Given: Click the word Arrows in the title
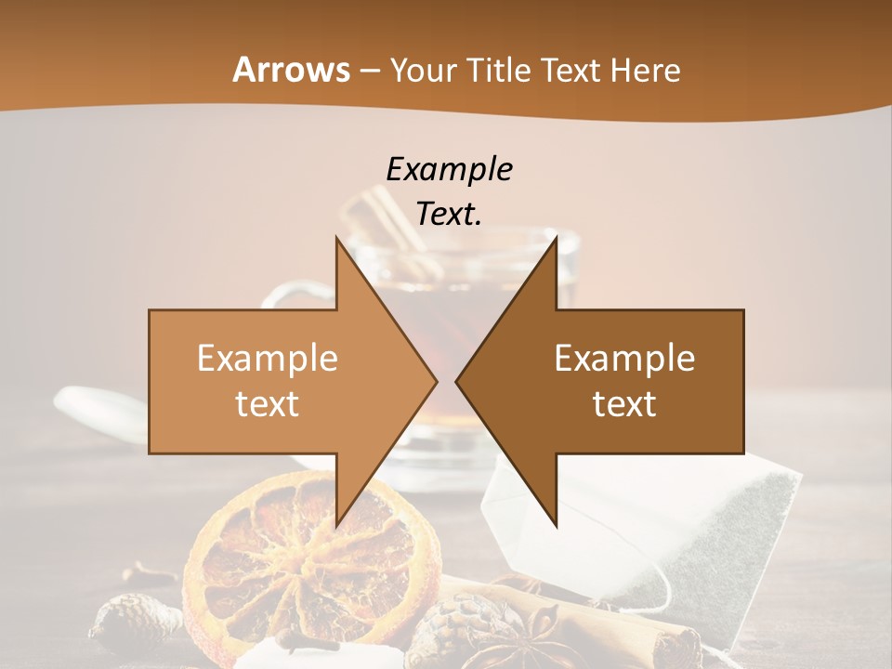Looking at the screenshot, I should (x=291, y=70).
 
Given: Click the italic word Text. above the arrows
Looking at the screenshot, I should (x=449, y=214).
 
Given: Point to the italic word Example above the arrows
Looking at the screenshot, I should (x=449, y=169).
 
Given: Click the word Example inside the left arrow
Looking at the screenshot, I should (x=268, y=358).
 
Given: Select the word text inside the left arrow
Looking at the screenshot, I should (x=268, y=403).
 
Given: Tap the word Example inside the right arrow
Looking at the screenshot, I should (x=624, y=358).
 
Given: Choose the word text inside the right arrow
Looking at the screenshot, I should (x=624, y=403).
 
